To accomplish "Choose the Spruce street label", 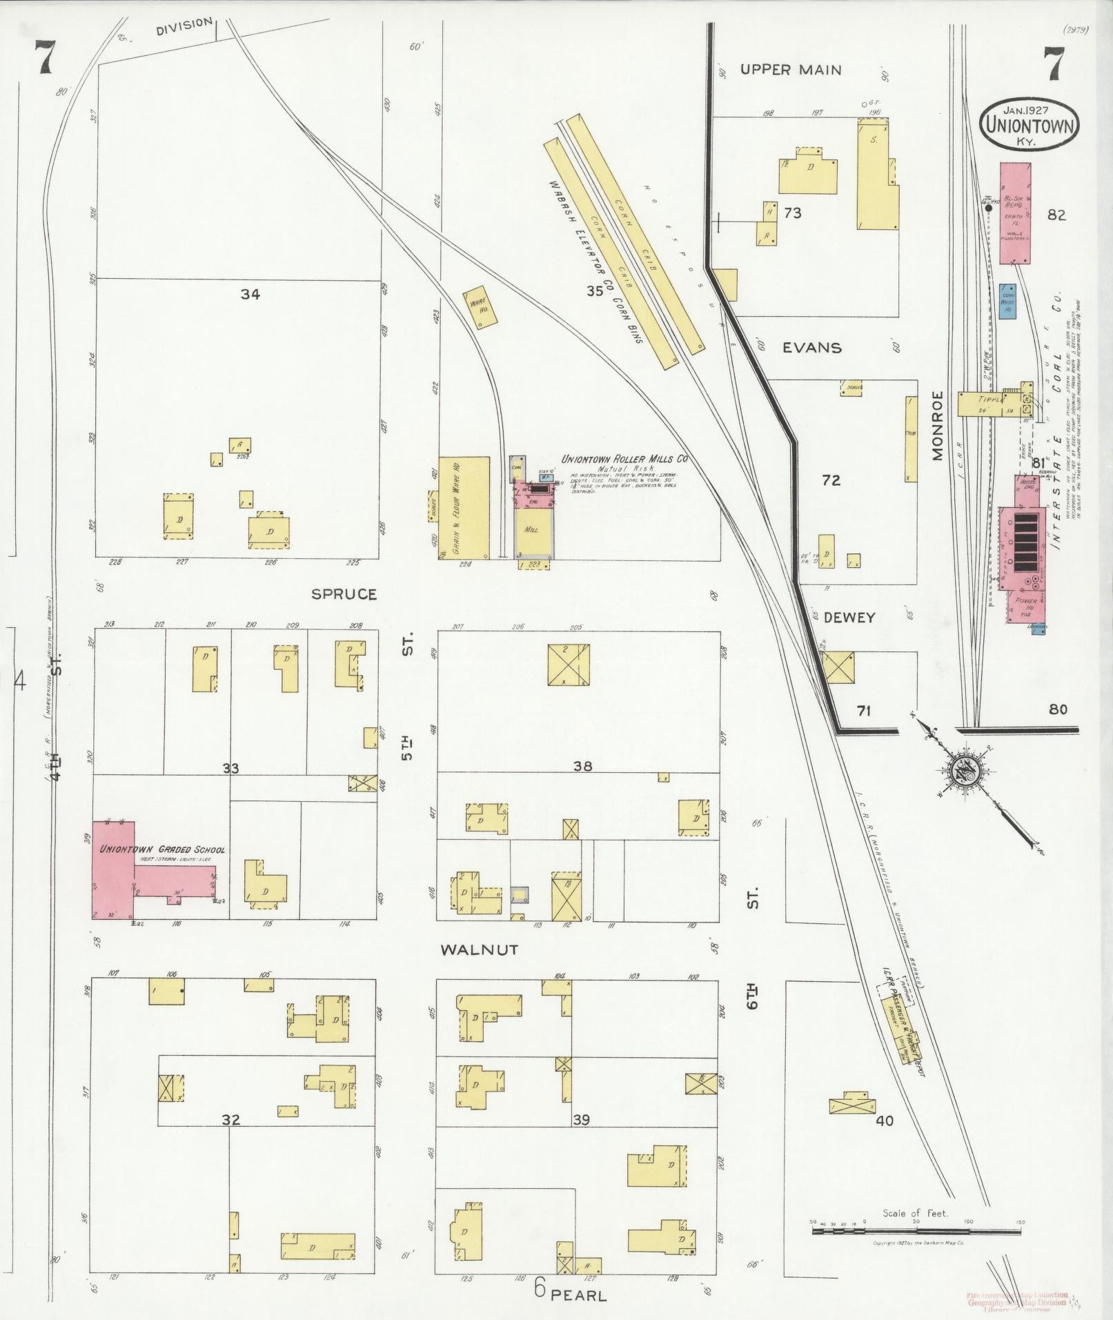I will tap(344, 594).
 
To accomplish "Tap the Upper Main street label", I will tap(791, 70).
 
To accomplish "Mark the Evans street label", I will tap(811, 348).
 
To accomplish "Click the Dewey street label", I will tap(849, 618).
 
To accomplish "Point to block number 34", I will tap(250, 295).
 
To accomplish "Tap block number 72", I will tap(831, 480).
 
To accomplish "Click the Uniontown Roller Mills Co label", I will tap(624, 460).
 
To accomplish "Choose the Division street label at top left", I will tap(184, 23).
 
